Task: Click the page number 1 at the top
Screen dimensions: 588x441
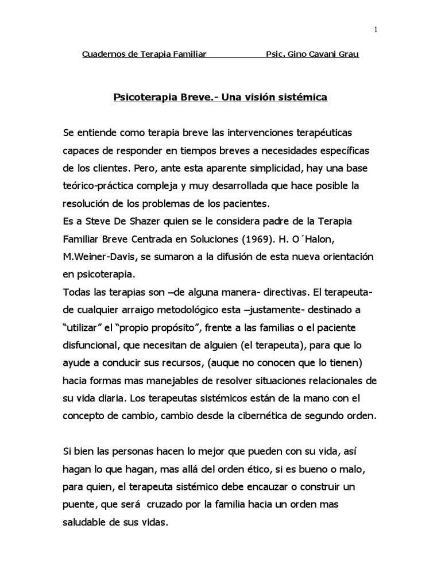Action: click(375, 30)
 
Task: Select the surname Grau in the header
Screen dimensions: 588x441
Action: click(346, 56)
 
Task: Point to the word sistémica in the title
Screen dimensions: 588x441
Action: click(302, 97)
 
